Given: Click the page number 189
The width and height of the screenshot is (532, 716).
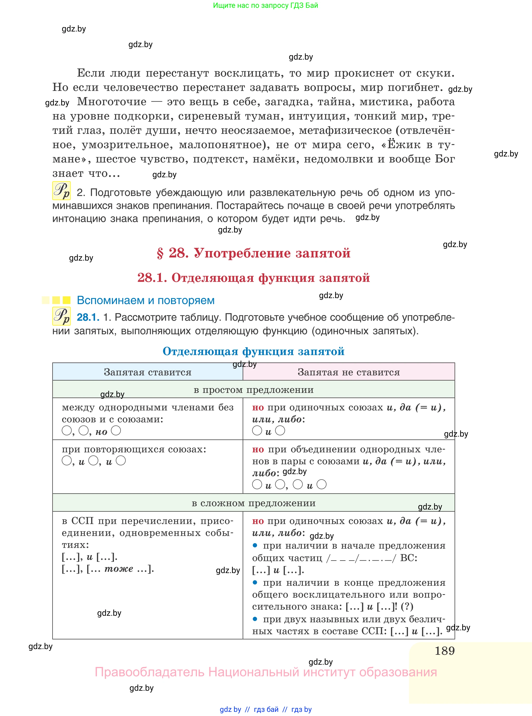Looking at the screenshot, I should tap(445, 651).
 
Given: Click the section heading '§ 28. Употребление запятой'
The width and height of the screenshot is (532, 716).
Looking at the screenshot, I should tap(253, 253).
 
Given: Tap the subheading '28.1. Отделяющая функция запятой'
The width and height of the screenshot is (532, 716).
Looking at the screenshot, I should tap(253, 278).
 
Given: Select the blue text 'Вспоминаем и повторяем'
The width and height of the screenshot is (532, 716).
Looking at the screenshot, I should tap(146, 300).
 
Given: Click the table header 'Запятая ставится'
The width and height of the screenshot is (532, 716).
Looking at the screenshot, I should tap(147, 372).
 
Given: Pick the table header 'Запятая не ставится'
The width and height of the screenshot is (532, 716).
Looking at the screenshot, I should tap(348, 372).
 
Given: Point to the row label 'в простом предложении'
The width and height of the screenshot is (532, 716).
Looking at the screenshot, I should tap(253, 390).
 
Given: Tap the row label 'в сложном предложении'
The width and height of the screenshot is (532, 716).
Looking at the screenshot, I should tap(253, 503).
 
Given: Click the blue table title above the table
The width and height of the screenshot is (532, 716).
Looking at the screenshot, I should tap(253, 351).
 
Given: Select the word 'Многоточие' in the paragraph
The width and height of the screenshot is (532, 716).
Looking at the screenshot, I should tap(112, 102).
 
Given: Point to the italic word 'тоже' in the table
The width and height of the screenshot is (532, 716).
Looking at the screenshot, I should tap(119, 569).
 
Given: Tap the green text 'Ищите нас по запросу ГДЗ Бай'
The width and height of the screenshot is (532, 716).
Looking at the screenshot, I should tap(265, 5).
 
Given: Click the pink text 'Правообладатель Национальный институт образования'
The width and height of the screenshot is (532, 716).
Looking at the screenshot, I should tap(266, 672).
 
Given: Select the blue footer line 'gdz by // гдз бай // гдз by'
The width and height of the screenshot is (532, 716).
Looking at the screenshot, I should tap(266, 709).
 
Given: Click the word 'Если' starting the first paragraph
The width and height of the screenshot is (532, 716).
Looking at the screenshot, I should tap(91, 73).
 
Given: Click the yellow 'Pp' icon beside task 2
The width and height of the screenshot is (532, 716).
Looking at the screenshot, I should tap(61, 191).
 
